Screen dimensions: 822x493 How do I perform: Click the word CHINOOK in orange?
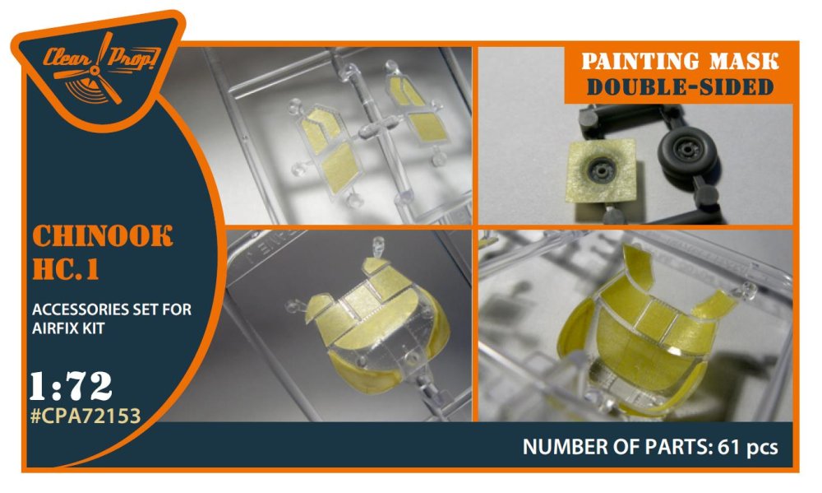pos(102,236)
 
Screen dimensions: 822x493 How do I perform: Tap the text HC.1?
pos(66,269)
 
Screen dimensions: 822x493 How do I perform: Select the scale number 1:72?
pos(70,387)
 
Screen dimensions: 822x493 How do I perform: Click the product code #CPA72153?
pos(85,416)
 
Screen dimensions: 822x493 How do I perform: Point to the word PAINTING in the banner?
pos(640,62)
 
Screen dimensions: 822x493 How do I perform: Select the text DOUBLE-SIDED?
pos(680,87)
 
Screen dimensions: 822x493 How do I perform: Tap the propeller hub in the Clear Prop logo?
pos(95,70)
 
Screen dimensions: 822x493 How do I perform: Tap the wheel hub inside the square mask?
pos(603,169)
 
